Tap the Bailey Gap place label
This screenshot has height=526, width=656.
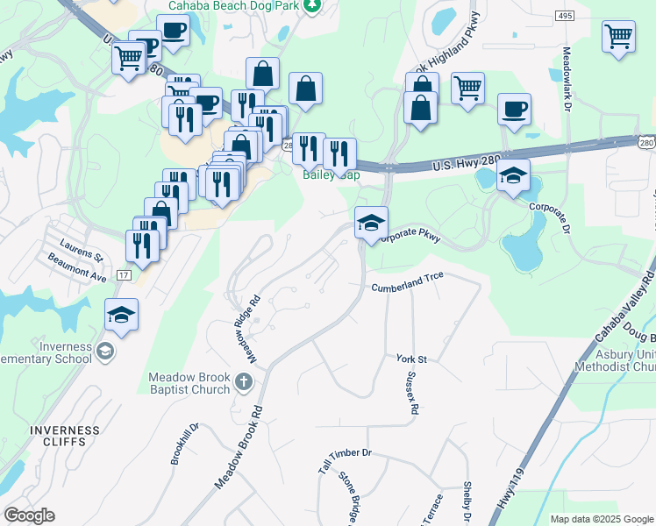[331, 174]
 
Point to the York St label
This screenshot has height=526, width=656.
[410, 359]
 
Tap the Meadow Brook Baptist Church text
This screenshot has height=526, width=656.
[189, 383]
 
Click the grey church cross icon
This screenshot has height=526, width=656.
[244, 381]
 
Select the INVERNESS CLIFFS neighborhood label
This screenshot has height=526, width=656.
[60, 436]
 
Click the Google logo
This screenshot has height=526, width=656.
[29, 515]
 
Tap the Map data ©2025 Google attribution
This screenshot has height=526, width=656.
[602, 519]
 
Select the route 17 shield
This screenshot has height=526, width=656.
[125, 275]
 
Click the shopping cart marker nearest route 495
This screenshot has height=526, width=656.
[618, 37]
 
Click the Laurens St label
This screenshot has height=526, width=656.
[82, 250]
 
